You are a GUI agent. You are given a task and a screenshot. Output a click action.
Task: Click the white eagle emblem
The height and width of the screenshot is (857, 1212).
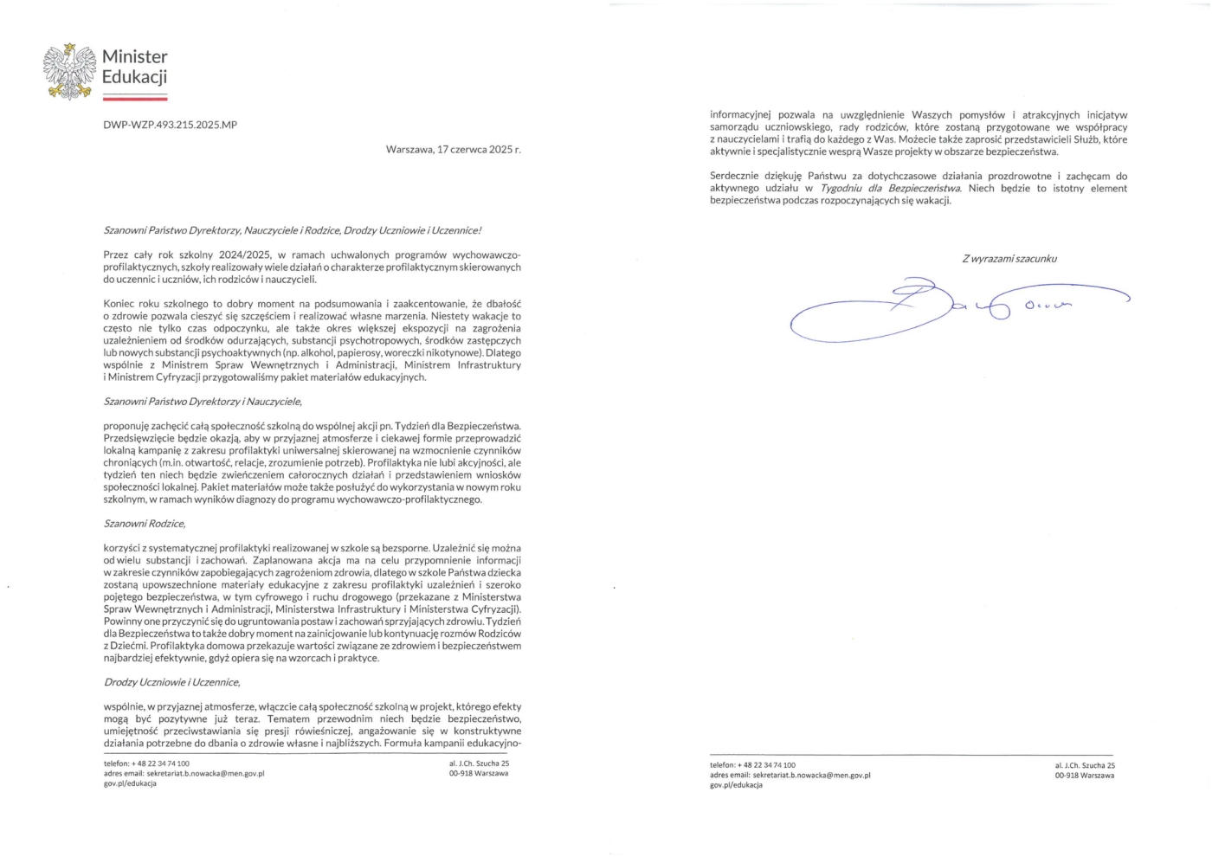[x=69, y=71]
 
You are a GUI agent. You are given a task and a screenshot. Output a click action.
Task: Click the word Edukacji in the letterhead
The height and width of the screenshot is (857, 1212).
[x=134, y=77]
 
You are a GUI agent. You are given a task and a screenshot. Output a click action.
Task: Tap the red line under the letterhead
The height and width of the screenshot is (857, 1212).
[x=134, y=99]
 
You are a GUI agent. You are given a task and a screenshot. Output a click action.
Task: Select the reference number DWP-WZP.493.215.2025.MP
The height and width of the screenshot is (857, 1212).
[x=170, y=125]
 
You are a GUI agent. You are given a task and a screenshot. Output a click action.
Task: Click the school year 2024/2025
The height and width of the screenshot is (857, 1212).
[x=245, y=255]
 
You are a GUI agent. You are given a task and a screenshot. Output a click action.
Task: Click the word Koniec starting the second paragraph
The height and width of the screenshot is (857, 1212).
[x=119, y=304]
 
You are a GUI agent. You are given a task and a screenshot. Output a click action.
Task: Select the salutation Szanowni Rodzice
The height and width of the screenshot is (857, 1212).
[x=145, y=524]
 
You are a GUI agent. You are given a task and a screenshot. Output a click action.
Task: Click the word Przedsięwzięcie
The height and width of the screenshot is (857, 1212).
[x=140, y=439]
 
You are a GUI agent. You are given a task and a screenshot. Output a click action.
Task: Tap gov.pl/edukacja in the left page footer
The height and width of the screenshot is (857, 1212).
[x=130, y=783]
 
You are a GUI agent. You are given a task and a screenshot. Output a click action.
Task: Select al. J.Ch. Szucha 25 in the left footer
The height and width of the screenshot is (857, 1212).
[x=479, y=764]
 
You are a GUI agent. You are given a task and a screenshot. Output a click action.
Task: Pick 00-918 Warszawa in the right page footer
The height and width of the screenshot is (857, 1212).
[x=1084, y=776]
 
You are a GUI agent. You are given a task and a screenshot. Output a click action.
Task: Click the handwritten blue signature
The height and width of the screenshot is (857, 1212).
[x=935, y=307]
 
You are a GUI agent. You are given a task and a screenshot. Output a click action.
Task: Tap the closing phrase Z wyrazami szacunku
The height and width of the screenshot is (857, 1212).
[x=1009, y=259]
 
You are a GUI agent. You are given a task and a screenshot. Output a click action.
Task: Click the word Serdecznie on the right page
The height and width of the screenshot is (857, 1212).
[x=737, y=177]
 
